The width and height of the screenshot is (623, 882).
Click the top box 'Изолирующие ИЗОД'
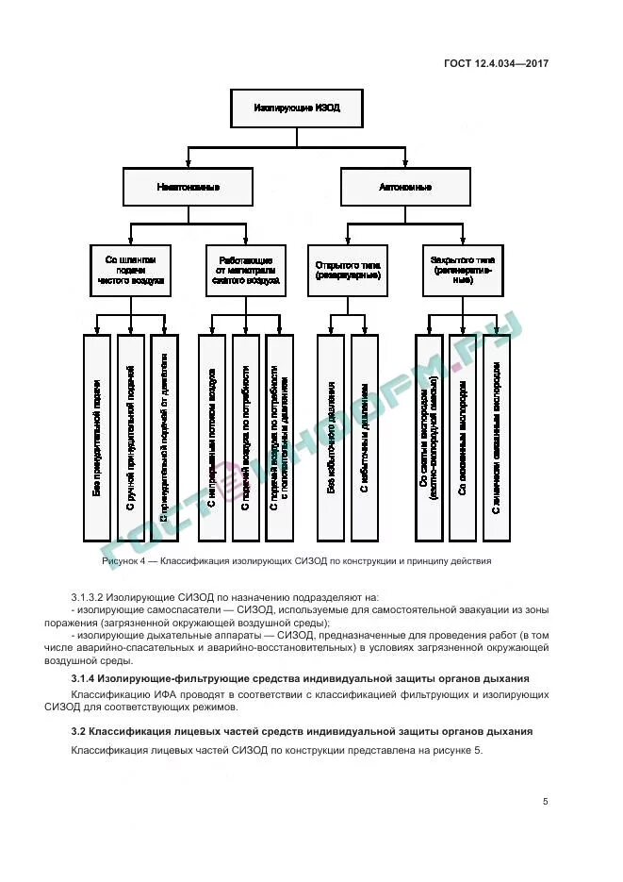click(297, 108)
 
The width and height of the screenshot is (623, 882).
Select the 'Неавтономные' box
click(189, 187)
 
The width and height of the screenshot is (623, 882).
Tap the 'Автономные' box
click(405, 187)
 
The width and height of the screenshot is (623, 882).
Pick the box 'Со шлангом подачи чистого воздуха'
click(130, 269)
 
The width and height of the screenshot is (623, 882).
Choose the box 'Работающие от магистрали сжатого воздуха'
click(246, 269)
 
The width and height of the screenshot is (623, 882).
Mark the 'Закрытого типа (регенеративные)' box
click(463, 269)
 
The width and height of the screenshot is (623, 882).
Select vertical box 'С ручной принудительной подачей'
click(131, 438)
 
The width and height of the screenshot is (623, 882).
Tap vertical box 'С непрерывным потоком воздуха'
click(212, 438)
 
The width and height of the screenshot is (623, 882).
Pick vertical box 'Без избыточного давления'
click(331, 438)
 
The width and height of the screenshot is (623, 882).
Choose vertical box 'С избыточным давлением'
click(365, 438)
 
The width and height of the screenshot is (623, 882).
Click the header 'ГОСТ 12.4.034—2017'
click(496, 64)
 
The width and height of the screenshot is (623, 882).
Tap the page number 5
click(545, 802)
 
